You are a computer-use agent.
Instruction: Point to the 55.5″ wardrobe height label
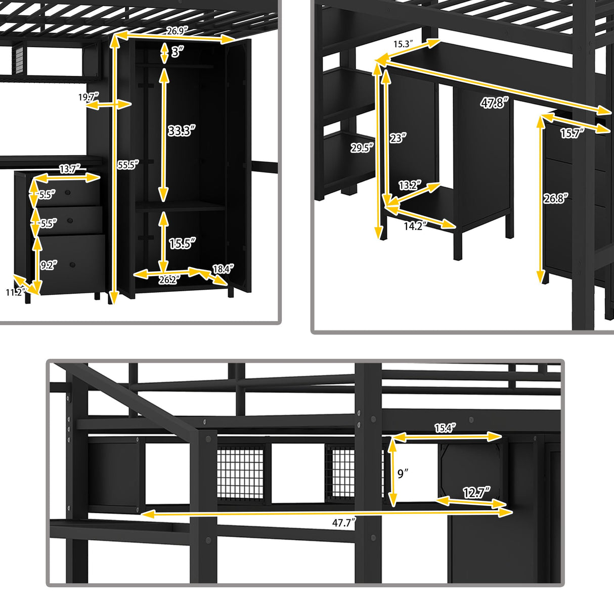point(127,165)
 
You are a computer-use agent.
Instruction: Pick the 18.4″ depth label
point(223,269)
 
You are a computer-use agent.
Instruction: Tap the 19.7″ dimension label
point(88,97)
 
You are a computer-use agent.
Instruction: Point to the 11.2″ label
point(15,292)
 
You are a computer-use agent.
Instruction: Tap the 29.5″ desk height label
point(362,148)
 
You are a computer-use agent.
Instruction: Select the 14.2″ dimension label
point(413,226)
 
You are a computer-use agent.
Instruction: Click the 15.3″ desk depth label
point(404,45)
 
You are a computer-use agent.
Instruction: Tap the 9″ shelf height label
point(403,474)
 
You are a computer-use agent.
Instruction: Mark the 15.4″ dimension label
point(445,428)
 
